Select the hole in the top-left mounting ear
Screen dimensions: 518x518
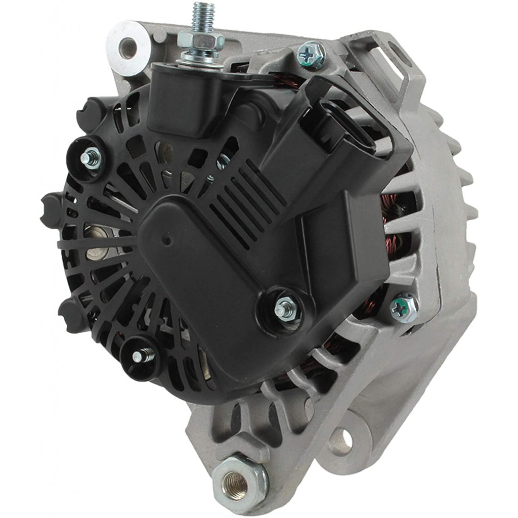(x=128, y=48)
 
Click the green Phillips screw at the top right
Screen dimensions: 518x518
(x=311, y=54)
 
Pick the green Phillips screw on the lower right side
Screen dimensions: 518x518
(x=404, y=307)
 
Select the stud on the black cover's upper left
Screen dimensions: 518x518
(x=91, y=158)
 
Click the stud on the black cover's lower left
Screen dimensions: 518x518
(x=137, y=356)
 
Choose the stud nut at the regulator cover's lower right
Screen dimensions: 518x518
(x=284, y=308)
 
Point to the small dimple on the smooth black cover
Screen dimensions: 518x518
(x=166, y=241)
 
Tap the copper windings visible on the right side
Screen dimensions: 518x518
(x=395, y=223)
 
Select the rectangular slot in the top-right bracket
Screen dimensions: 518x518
(x=387, y=61)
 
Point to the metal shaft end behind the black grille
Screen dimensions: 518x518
(x=96, y=243)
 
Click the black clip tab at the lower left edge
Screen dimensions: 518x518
(x=71, y=314)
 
